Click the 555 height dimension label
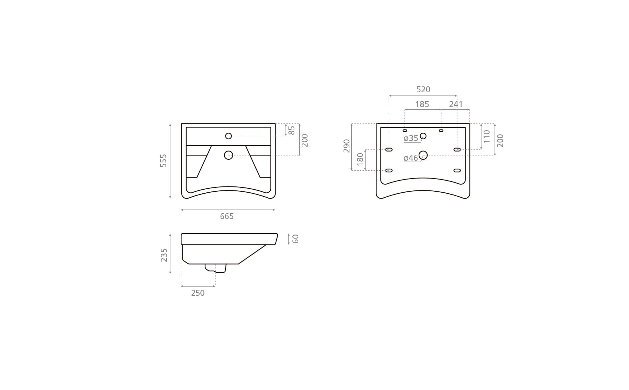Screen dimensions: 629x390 (x=164, y=161)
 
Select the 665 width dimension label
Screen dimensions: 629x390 (x=227, y=216)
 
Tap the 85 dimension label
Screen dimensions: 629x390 (x=291, y=130)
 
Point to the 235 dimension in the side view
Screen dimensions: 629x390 (x=164, y=255)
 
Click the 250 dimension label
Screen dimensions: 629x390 (x=198, y=293)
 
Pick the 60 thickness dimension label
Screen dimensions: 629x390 (x=296, y=239)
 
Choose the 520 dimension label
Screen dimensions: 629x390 (x=423, y=90)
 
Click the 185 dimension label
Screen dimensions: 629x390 (x=422, y=104)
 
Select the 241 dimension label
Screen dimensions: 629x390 (x=456, y=104)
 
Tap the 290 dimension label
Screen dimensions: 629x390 (x=346, y=146)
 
